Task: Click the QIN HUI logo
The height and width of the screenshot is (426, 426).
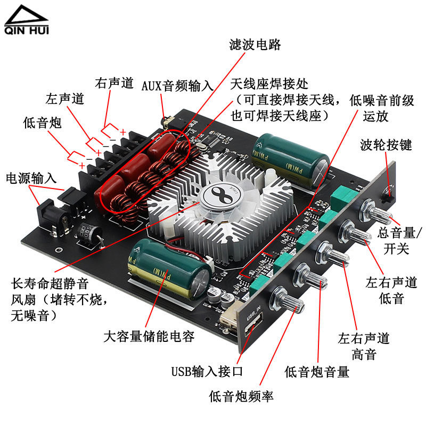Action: click(26, 20)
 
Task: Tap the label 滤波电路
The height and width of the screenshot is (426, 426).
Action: click(255, 45)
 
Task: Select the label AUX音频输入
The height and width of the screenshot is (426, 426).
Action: click(177, 86)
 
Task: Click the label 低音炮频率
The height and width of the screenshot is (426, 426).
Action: click(241, 396)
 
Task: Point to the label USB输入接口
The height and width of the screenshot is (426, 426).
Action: click(207, 371)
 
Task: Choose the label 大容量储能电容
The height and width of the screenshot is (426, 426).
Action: click(149, 337)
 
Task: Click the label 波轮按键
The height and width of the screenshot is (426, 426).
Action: click(386, 145)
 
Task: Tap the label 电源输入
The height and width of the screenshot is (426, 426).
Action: click(31, 178)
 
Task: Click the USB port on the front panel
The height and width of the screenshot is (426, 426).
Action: click(253, 324)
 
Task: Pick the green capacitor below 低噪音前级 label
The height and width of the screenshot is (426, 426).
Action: click(291, 160)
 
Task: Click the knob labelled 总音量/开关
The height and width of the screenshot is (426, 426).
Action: click(377, 212)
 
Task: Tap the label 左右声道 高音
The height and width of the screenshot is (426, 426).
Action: click(364, 347)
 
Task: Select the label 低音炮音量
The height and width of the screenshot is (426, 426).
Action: click(317, 372)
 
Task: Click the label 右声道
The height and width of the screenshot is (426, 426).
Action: click(114, 83)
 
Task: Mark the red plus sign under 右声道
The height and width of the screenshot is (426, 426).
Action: click(123, 132)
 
